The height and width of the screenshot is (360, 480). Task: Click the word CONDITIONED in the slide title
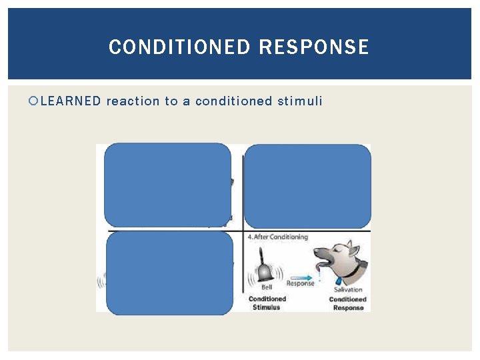click(179, 47)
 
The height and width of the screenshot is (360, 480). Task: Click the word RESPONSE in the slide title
click(313, 47)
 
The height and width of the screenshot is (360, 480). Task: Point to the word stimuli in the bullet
click(300, 101)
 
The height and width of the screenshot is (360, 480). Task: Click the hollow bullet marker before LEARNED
click(34, 101)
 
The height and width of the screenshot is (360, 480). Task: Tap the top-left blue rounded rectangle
click(167, 185)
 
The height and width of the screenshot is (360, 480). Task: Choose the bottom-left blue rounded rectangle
click(169, 273)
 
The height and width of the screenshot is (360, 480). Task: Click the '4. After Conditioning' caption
click(277, 237)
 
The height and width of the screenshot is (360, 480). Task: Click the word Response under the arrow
click(301, 283)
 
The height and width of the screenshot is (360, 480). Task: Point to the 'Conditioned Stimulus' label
click(267, 303)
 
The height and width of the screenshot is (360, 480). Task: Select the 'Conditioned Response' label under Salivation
click(347, 303)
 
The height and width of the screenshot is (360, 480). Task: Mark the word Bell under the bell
click(267, 287)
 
